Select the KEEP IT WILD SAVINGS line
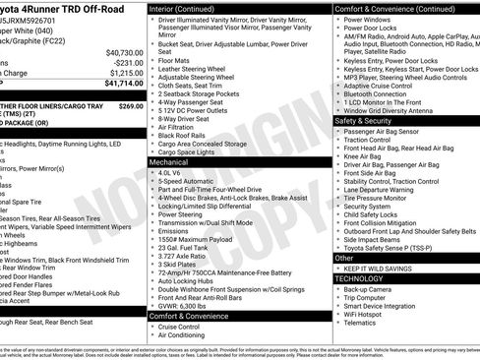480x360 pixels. pos(385,268)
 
